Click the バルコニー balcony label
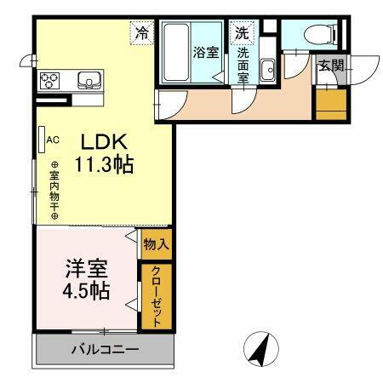[x=104, y=349]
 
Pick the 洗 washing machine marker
[x=243, y=34]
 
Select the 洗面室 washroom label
[x=243, y=65]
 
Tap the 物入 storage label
[x=156, y=244]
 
